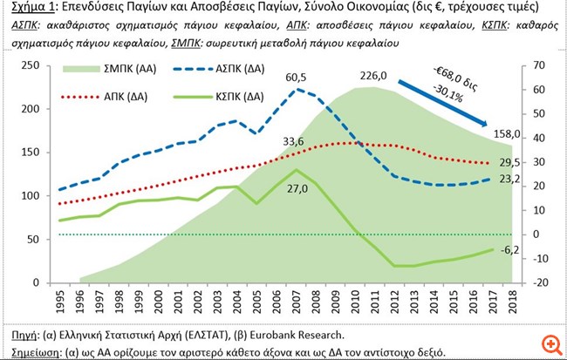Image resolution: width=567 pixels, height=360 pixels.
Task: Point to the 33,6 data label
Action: pos(293,141)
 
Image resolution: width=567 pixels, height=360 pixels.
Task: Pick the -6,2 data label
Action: pos(511,250)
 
